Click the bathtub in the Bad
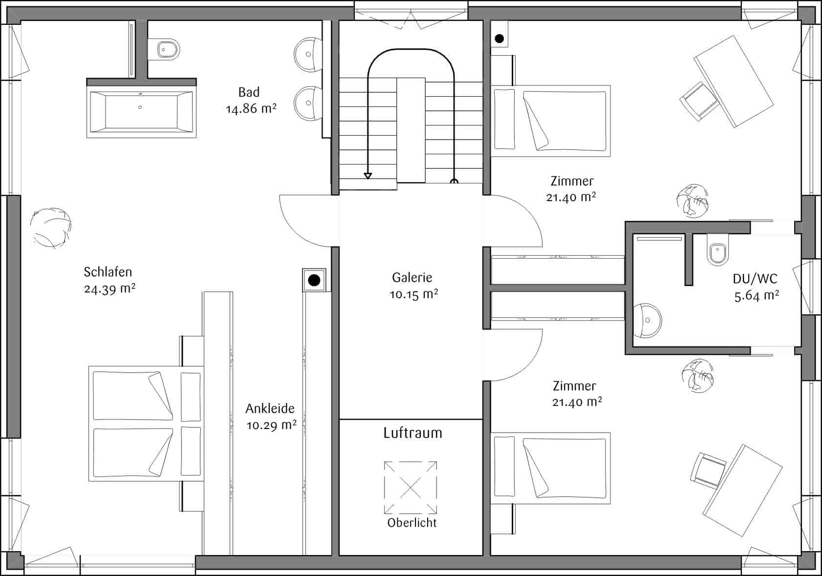click(141, 112)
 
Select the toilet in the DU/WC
click(717, 250)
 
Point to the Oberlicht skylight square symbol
click(411, 488)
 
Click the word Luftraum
click(413, 433)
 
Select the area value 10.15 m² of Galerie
click(413, 294)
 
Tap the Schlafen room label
click(108, 272)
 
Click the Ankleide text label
click(270, 409)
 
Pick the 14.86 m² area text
click(251, 109)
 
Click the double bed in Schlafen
click(146, 424)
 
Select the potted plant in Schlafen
click(51, 227)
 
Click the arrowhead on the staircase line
click(368, 176)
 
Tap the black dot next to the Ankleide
click(314, 280)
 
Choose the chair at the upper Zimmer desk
click(699, 102)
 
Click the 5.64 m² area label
click(757, 296)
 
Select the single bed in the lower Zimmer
click(551, 468)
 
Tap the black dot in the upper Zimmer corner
click(499, 39)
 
